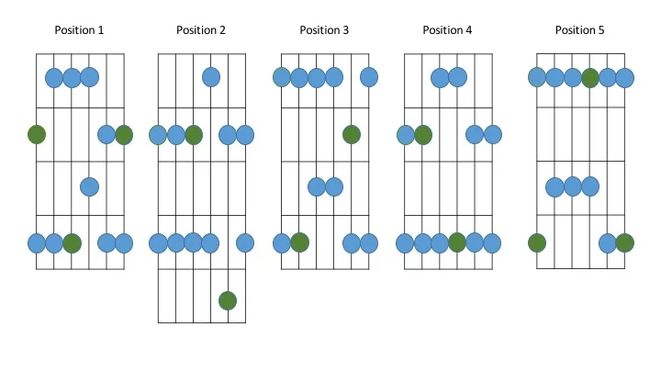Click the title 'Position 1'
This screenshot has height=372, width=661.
79,30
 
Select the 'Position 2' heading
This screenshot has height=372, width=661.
201,30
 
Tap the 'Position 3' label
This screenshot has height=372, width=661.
324,30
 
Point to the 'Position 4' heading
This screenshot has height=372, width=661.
447,30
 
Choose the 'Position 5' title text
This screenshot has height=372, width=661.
579,30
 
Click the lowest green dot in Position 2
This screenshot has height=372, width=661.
228,299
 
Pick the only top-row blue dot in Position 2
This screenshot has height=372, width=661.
211,77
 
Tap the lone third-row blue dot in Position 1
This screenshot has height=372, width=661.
89,186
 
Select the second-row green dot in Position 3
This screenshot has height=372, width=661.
351,134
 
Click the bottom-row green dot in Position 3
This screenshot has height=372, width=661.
299,243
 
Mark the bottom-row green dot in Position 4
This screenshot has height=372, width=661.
457,243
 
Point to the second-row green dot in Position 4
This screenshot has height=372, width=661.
422,135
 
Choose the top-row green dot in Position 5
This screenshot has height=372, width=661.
590,77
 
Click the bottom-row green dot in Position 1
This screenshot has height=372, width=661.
72,243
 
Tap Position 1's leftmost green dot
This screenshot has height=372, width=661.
37,135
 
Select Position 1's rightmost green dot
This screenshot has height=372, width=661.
124,135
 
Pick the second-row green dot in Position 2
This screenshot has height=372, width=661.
193,135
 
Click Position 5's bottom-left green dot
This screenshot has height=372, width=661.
537,243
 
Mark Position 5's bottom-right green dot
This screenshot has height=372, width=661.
625,243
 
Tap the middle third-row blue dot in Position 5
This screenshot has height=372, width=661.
573,187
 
